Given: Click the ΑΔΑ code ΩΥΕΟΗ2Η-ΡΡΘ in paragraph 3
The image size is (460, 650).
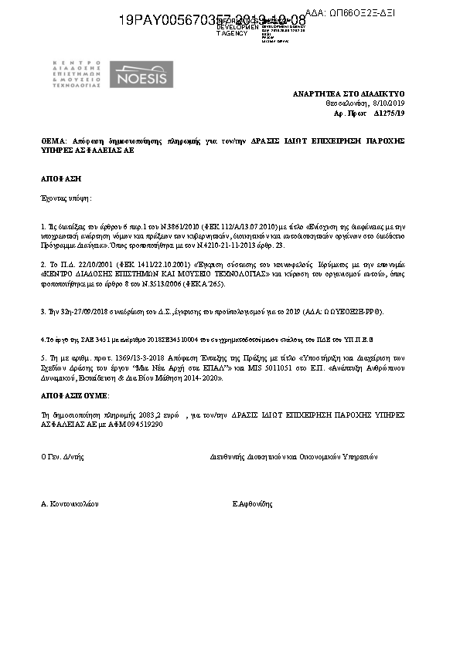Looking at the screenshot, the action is click(356, 313).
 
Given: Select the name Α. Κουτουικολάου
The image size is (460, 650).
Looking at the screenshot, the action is click(70, 503).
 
